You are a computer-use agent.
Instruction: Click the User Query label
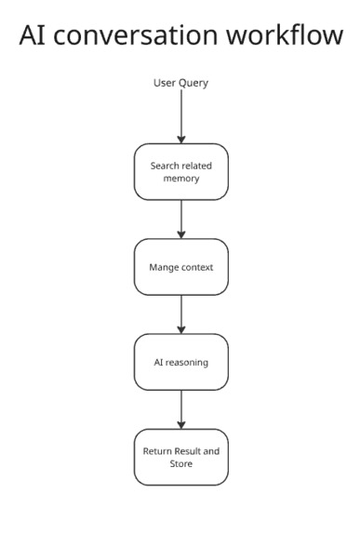(180, 84)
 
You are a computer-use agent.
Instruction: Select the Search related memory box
(180, 171)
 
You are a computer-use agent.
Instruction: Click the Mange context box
(180, 267)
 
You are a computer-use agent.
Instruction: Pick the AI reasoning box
(180, 362)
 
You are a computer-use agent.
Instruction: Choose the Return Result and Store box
(180, 456)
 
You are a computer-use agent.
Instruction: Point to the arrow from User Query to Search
(180, 116)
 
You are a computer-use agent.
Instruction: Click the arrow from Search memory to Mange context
(180, 219)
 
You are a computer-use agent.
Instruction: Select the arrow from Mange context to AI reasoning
(180, 314)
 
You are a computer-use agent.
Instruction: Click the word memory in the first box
(180, 179)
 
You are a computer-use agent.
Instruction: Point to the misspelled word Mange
(164, 267)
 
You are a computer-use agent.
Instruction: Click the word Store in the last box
(180, 463)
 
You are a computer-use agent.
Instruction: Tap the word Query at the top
(193, 84)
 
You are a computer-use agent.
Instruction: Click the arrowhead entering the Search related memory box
(180, 140)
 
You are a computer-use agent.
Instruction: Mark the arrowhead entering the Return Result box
(180, 424)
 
